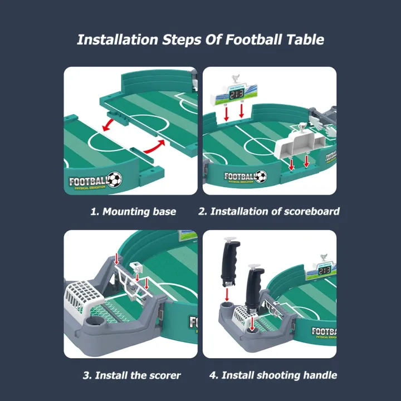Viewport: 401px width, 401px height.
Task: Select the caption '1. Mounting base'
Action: click(x=133, y=212)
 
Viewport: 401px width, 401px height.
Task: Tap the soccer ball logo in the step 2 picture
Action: click(x=260, y=177)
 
